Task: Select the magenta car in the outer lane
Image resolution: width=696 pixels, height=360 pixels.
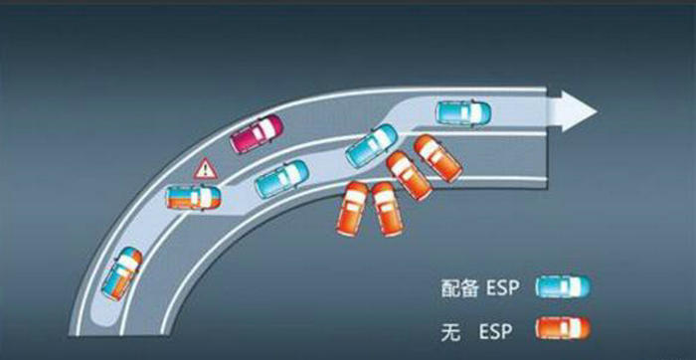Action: tap(258, 134)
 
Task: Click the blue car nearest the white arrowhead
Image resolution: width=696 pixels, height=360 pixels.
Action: tap(463, 110)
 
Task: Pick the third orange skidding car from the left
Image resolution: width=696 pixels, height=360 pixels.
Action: tap(408, 176)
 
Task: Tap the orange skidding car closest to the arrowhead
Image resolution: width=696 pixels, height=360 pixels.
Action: tap(438, 157)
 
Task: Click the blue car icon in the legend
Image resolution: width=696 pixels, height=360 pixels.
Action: tap(564, 287)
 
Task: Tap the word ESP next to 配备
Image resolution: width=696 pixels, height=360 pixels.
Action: tap(504, 288)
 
